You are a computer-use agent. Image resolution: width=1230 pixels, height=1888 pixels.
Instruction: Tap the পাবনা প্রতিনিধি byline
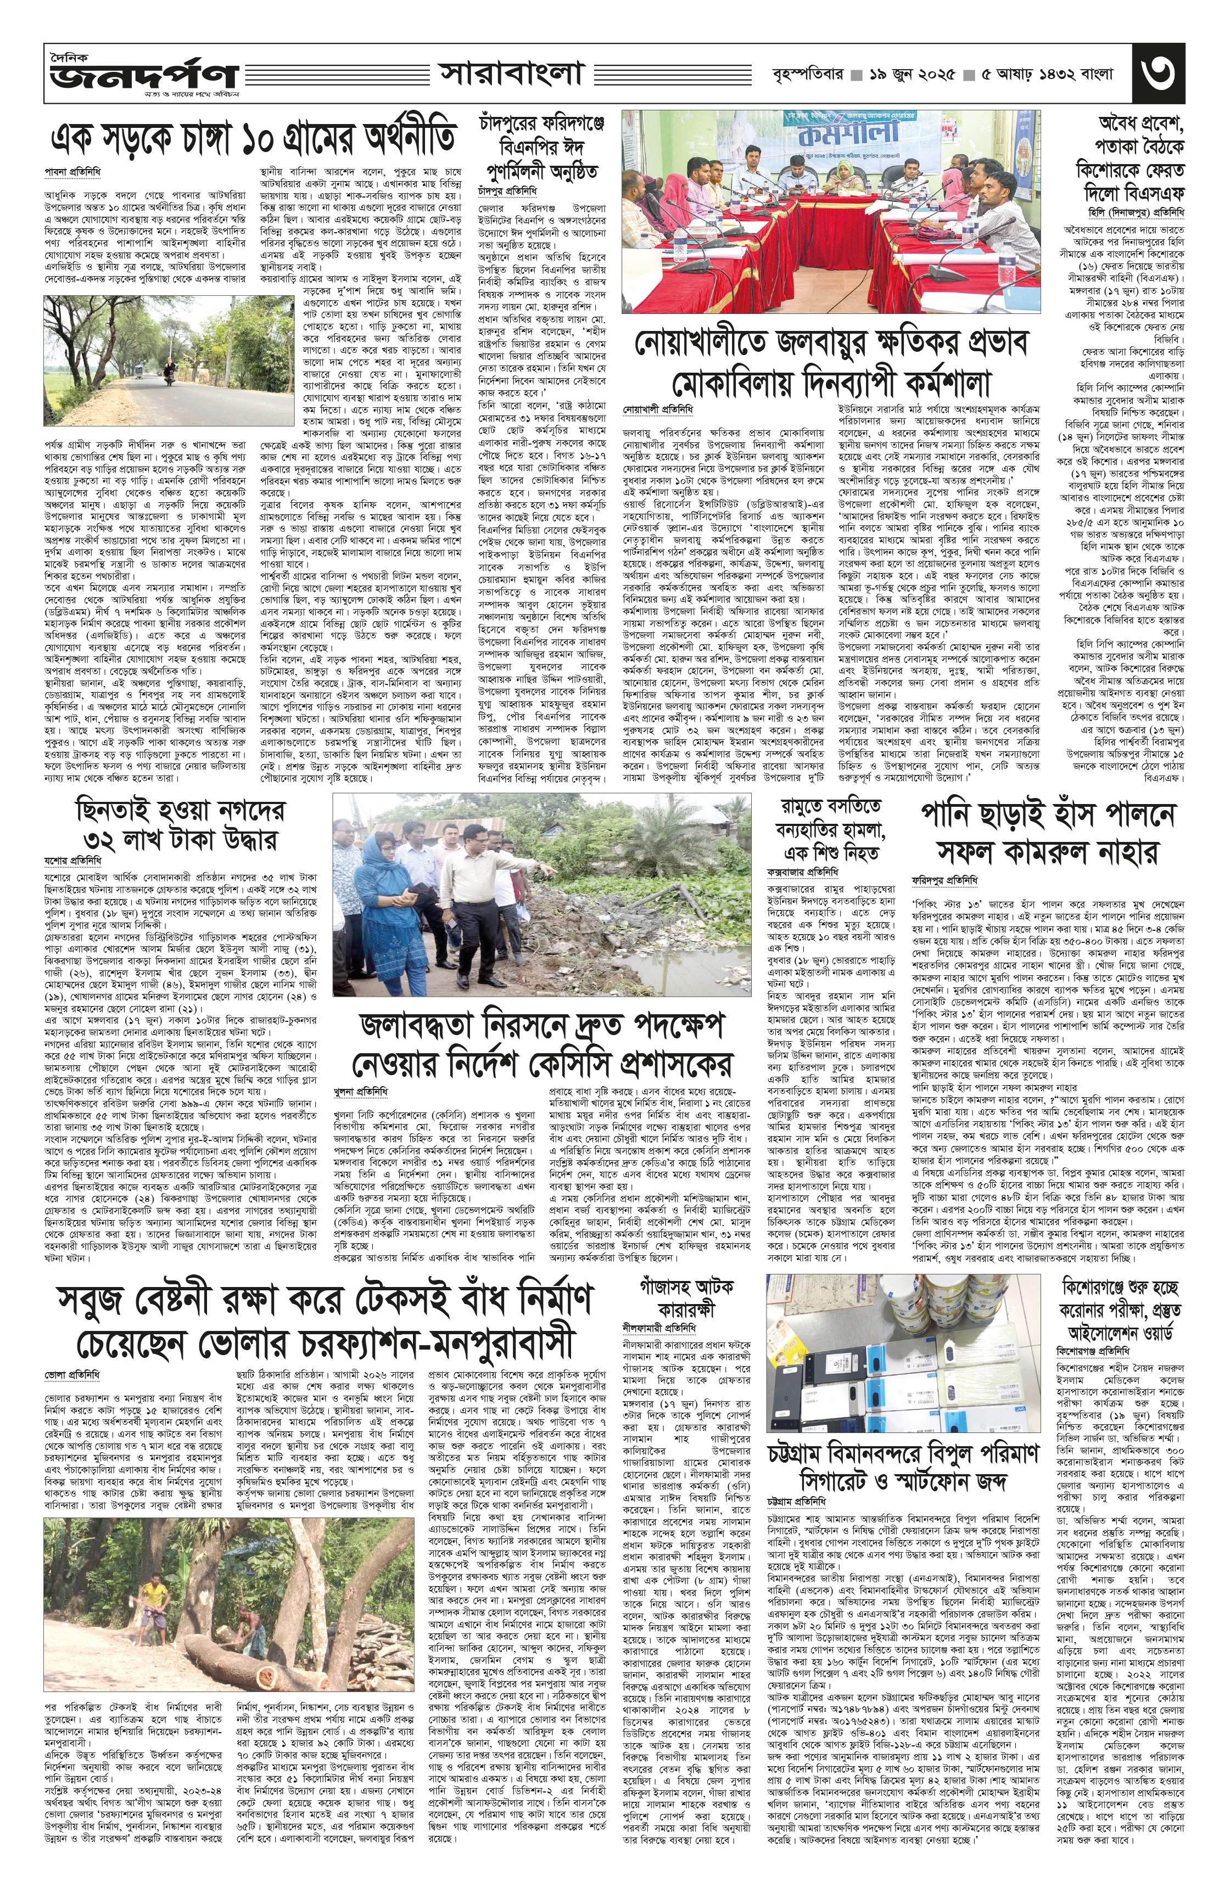click(x=71, y=171)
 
